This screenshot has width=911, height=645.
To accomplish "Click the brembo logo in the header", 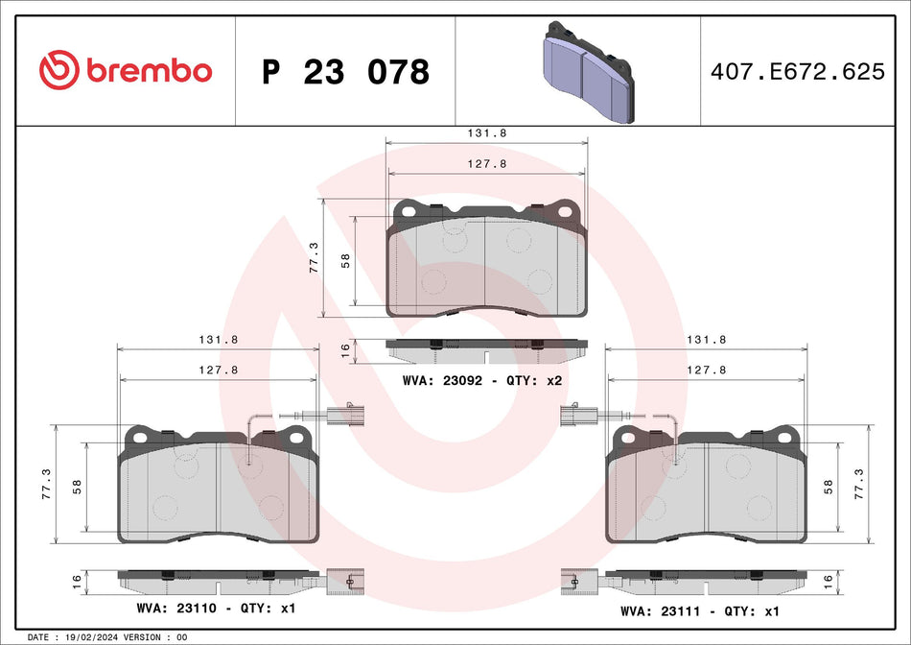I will point(126,70).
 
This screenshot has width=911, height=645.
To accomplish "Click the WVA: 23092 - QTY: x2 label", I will point(480,381).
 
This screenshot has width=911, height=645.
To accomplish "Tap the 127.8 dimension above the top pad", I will point(486,163).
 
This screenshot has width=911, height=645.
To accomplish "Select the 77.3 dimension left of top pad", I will point(314,257).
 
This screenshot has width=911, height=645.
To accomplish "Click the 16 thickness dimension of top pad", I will point(345,350).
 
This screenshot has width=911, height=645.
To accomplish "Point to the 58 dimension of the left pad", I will point(76,487).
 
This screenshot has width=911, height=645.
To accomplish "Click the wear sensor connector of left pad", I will point(341,417).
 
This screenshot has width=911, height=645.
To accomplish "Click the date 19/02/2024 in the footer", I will point(90,637).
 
